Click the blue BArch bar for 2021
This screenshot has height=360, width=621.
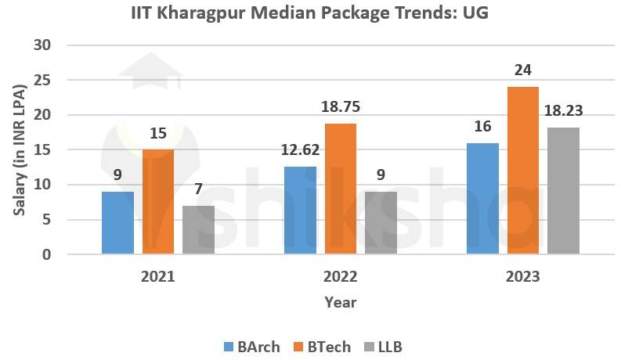pyautogui.click(x=117, y=223)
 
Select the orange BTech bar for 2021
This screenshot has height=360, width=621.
pyautogui.click(x=158, y=202)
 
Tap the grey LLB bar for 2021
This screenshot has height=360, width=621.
pyautogui.click(x=199, y=230)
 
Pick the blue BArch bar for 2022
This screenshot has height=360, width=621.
pyautogui.click(x=300, y=211)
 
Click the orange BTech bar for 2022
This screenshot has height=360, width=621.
pyautogui.click(x=341, y=189)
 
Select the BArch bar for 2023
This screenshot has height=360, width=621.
pyautogui.click(x=482, y=199)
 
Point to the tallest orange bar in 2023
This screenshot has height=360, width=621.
pyautogui.click(x=523, y=171)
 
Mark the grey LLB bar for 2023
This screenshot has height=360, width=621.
pyautogui.click(x=564, y=191)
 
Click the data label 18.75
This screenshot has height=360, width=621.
pyautogui.click(x=341, y=107)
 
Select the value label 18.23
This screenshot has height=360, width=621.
pyautogui.click(x=564, y=111)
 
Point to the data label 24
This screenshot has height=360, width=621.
pyautogui.click(x=523, y=70)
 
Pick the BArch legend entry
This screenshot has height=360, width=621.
pyautogui.click(x=252, y=346)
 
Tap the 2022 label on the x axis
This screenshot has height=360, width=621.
pyautogui.click(x=341, y=276)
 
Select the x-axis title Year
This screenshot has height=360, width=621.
pyautogui.click(x=341, y=302)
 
